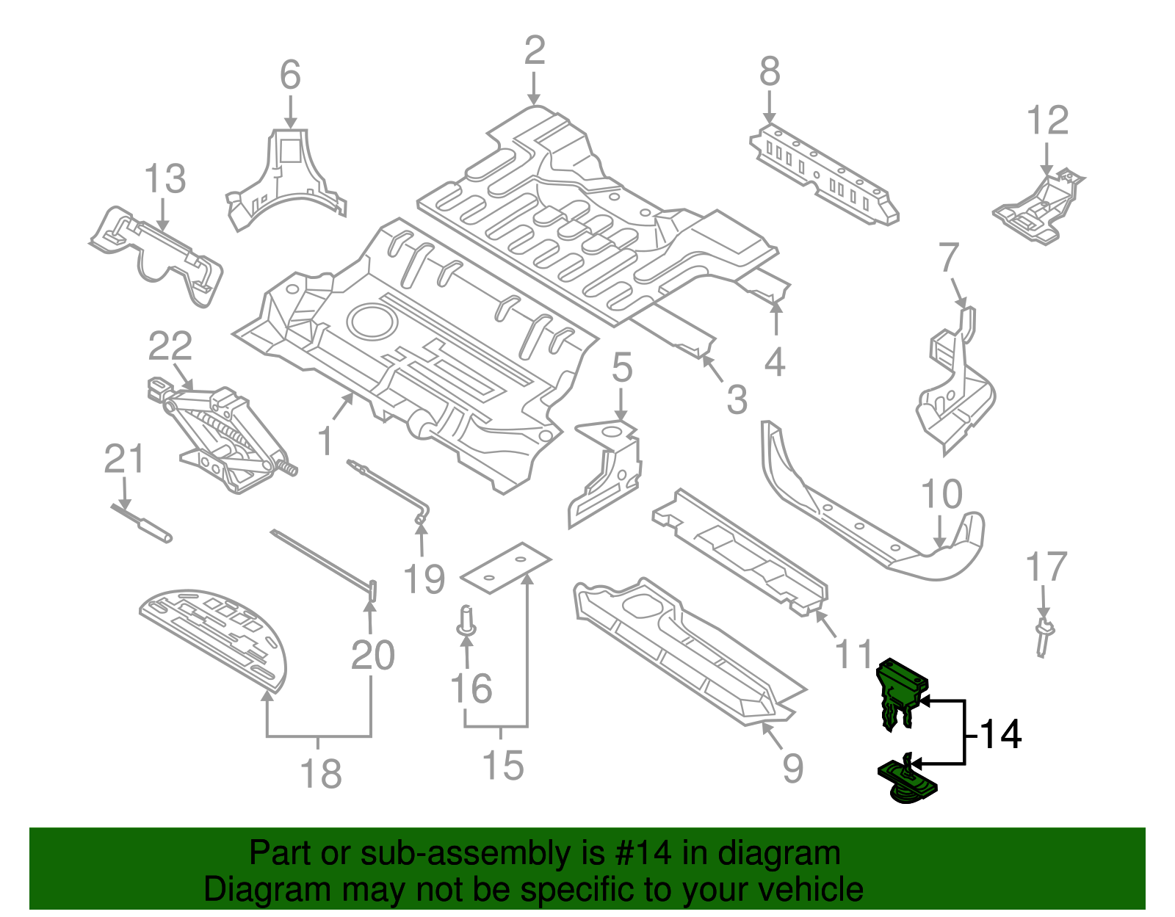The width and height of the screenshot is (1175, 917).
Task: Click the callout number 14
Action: point(1000,735)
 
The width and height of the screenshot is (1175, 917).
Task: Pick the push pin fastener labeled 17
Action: point(1043,637)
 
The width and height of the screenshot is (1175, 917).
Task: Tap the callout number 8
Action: point(769,73)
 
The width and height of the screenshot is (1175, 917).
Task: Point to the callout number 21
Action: point(123,460)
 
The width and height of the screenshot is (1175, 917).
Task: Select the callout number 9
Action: point(792,768)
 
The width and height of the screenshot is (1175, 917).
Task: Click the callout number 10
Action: point(941,494)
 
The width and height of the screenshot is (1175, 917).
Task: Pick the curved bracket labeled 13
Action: point(158,253)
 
